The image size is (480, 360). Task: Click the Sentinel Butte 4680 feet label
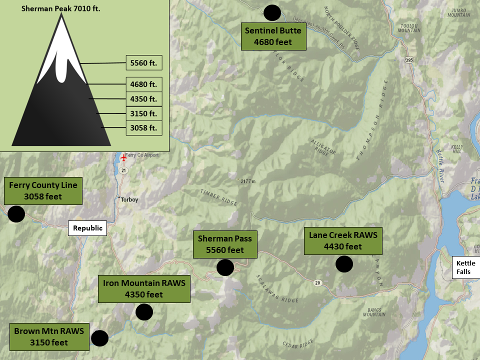click(x=273, y=36)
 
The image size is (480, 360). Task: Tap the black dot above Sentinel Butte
click(x=272, y=12)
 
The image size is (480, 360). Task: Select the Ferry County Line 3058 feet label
click(x=43, y=190)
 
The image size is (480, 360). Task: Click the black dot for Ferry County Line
click(x=16, y=214)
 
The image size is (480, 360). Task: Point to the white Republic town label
click(x=87, y=228)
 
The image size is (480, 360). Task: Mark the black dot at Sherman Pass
click(x=225, y=267)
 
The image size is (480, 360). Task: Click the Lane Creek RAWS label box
click(x=342, y=240)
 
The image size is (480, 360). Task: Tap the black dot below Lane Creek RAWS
click(x=344, y=264)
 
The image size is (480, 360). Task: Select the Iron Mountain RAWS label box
click(x=144, y=288)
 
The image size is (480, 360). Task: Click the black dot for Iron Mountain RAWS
click(x=144, y=312)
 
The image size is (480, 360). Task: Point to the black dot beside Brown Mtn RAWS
click(x=99, y=338)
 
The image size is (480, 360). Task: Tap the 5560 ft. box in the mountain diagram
click(x=143, y=63)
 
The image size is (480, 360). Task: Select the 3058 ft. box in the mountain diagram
click(x=143, y=128)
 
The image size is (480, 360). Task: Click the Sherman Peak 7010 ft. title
click(x=61, y=8)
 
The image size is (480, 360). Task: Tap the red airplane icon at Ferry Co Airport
click(x=124, y=158)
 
